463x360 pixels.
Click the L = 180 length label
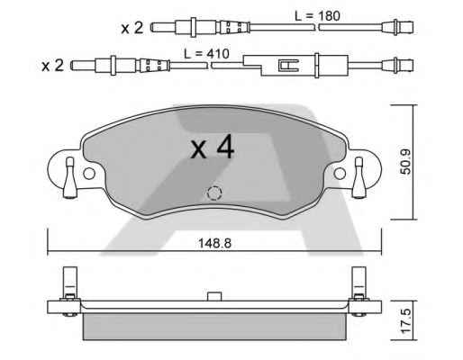(317, 15)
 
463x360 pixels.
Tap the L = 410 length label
(206, 54)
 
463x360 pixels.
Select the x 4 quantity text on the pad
(213, 147)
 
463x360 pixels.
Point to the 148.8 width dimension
(214, 243)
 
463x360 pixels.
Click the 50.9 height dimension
(407, 162)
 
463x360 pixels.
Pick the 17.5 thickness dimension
(407, 321)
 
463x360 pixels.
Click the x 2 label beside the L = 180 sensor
(132, 28)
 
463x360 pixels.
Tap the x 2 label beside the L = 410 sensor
(53, 66)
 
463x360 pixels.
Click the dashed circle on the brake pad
(214, 193)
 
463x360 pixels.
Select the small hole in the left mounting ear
(89, 174)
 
